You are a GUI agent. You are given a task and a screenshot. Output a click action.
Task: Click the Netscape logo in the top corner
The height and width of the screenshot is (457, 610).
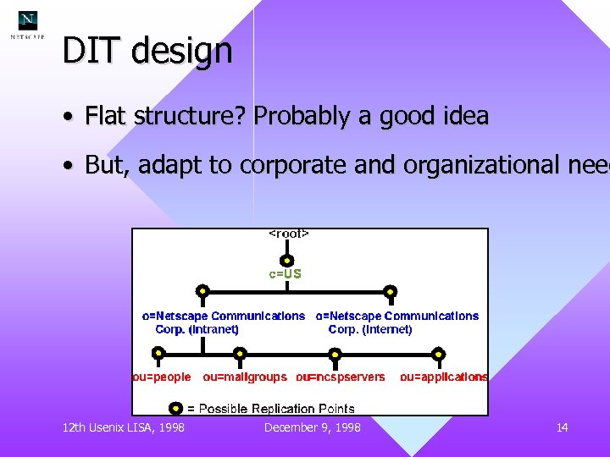pyautogui.click(x=28, y=23)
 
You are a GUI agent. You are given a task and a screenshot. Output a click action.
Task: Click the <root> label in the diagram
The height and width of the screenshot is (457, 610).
pyautogui.click(x=288, y=234)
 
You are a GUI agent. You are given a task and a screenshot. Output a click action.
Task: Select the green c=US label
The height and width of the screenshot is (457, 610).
pyautogui.click(x=286, y=274)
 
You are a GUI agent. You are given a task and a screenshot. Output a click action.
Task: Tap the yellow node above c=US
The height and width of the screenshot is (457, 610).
pyautogui.click(x=287, y=261)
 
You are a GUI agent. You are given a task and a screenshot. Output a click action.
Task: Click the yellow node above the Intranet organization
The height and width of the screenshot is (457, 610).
pyautogui.click(x=202, y=292)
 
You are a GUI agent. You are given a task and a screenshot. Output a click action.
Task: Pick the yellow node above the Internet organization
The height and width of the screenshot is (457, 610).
pyautogui.click(x=390, y=292)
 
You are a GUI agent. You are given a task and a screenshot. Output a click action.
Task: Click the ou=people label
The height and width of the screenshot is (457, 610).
pyautogui.click(x=162, y=377)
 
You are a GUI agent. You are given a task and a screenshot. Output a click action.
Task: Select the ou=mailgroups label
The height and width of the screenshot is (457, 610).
pyautogui.click(x=245, y=377)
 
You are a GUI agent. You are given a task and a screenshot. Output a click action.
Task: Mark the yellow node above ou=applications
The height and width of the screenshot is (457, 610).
pyautogui.click(x=438, y=354)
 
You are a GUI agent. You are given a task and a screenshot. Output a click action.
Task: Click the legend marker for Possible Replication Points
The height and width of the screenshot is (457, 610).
pyautogui.click(x=176, y=408)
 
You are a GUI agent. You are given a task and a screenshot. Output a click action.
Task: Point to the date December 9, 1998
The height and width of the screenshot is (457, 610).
pyautogui.click(x=312, y=427)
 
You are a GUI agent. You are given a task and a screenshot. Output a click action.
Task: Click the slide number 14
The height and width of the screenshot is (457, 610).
pyautogui.click(x=562, y=427)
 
